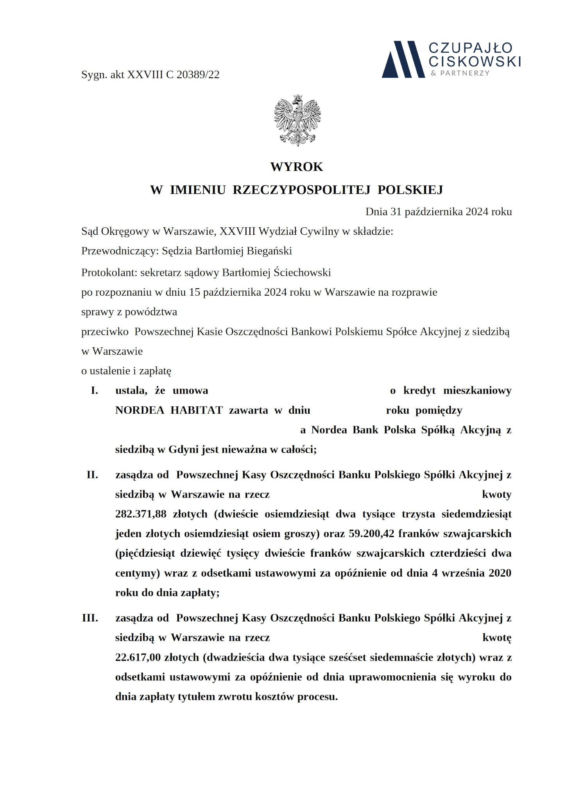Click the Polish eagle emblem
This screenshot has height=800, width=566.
297,120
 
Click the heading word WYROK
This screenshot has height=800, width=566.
297,167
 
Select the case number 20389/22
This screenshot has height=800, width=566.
198,75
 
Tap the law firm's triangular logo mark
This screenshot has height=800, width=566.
403,59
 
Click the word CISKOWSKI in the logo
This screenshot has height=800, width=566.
475,61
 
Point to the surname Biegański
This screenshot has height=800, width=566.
269,251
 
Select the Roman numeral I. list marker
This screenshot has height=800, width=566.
94,391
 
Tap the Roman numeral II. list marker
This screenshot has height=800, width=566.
92,475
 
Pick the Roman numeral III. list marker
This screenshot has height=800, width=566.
90,618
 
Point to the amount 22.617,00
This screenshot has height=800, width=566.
138,657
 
